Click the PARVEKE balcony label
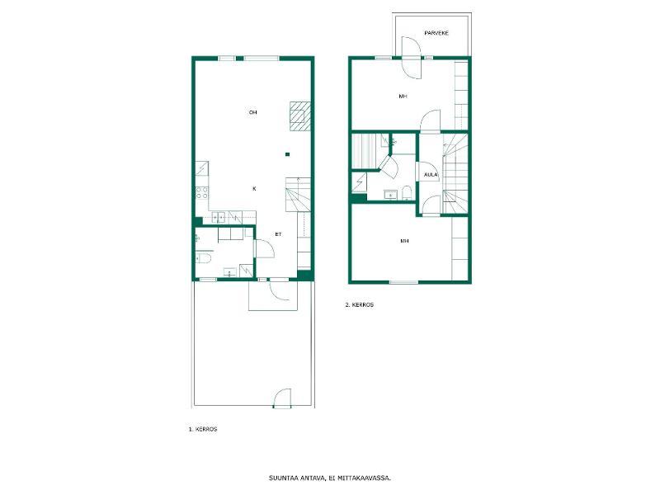436,33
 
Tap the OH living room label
252,112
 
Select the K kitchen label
254,189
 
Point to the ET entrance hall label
278,234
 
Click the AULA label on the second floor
431,175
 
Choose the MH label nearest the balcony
403,97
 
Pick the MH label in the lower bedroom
404,241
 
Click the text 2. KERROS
359,305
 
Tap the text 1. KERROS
203,429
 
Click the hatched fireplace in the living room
300,116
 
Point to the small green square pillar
287,154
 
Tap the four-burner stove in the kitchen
201,193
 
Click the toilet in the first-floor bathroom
203,257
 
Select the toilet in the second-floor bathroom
407,194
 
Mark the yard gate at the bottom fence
282,398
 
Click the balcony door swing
411,57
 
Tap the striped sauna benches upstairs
363,151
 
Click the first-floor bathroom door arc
265,248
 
